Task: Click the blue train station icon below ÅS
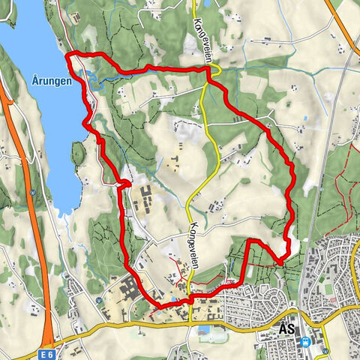(306, 341)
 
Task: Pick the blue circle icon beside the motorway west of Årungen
(32, 191)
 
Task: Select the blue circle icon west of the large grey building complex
(99, 299)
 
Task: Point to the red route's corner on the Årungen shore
(70, 55)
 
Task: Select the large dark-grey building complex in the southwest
(128, 289)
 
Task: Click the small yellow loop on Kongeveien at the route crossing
(214, 71)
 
